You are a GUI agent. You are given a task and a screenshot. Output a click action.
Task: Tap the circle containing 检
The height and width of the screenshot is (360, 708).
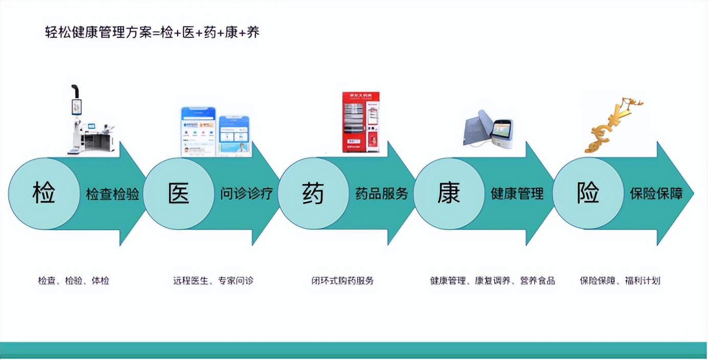(x=44, y=194)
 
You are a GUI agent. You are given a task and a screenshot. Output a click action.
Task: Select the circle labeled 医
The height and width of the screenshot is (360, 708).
(x=179, y=194)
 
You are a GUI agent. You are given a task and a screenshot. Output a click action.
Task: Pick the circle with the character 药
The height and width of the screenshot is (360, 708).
(x=313, y=194)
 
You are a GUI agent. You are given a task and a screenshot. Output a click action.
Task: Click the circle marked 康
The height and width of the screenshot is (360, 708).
(x=449, y=194)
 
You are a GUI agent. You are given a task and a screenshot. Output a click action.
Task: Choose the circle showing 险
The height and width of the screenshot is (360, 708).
(x=588, y=194)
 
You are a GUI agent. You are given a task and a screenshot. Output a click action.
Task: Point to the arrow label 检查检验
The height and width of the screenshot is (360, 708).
(x=113, y=194)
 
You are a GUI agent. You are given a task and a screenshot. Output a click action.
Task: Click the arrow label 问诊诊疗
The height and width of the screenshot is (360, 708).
(x=247, y=194)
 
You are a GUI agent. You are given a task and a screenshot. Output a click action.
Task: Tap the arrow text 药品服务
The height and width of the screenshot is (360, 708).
(x=382, y=194)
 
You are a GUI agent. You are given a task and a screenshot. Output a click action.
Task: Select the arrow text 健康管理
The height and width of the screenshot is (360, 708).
(x=517, y=194)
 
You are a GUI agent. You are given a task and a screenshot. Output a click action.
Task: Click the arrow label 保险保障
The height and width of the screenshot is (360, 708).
(x=656, y=194)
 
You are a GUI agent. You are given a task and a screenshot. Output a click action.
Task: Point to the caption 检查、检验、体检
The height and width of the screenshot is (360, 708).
(x=74, y=281)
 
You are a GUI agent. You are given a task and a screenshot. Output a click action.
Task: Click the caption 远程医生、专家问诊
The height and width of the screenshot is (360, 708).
(x=213, y=281)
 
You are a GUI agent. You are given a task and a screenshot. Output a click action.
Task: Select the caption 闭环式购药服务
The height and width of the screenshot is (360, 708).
(x=343, y=281)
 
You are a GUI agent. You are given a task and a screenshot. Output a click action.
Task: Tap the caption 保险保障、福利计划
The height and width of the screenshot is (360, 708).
(x=620, y=281)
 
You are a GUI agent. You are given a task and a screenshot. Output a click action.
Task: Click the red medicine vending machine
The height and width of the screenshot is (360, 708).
(x=361, y=122)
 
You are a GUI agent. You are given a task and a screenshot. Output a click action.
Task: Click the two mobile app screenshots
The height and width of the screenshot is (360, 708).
(x=215, y=132)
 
